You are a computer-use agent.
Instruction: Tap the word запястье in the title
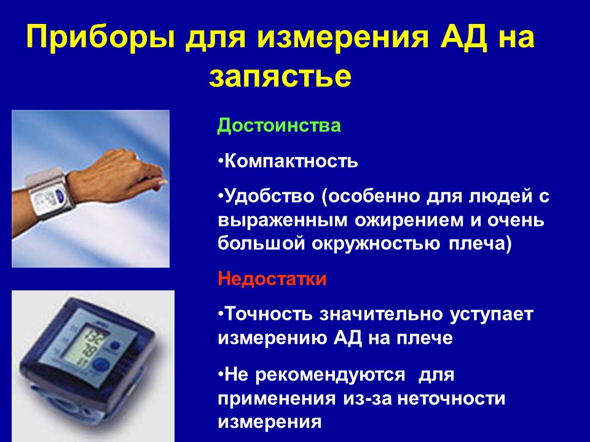pyautogui.click(x=280, y=77)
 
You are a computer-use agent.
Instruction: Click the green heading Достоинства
pyautogui.click(x=279, y=125)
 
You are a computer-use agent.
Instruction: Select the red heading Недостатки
pyautogui.click(x=272, y=279)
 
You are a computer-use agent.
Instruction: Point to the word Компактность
pyautogui.click(x=291, y=161)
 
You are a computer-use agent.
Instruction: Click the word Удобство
pyautogui.click(x=269, y=196)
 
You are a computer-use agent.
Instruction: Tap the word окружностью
pyautogui.click(x=376, y=244)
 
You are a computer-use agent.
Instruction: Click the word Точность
pyautogui.click(x=269, y=314)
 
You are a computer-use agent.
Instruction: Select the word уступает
pyautogui.click(x=492, y=315)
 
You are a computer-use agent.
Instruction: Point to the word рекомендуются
pyautogui.click(x=330, y=376)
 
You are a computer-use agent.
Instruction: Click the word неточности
pyautogui.click(x=451, y=399)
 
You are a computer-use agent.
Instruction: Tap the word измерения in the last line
pyautogui.click(x=269, y=422)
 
